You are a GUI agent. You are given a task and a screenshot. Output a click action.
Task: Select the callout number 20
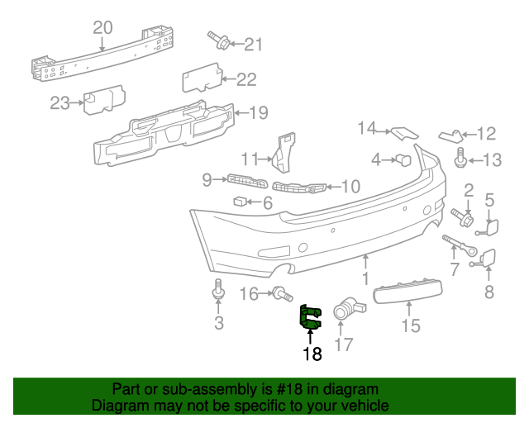tap(102, 28)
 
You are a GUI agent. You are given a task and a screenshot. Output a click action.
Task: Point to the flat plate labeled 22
tap(198, 81)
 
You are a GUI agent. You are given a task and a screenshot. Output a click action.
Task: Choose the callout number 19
tap(259, 112)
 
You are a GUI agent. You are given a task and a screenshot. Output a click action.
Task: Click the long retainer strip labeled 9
tap(245, 181)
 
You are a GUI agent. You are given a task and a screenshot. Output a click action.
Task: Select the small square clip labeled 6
tap(239, 200)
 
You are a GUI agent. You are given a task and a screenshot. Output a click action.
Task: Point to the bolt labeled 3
tap(218, 292)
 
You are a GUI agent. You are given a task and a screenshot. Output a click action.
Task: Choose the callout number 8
tap(488, 291)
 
